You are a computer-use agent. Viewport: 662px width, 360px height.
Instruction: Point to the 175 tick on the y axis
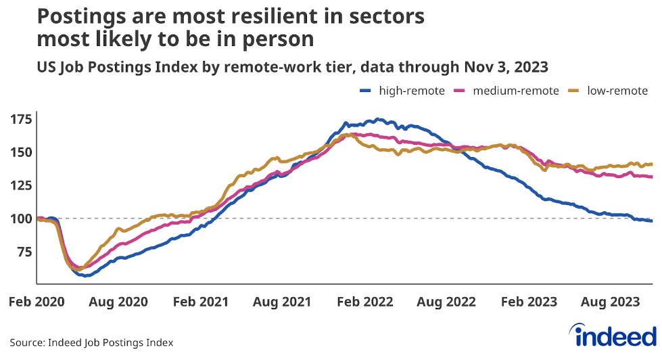tap(21, 120)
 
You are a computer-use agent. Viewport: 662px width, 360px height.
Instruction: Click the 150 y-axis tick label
tap(21, 152)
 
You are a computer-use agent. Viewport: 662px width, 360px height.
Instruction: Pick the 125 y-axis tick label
tap(21, 185)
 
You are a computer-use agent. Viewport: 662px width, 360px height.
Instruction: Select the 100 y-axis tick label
tap(21, 219)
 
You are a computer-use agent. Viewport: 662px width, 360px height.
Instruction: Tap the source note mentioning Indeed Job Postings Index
tap(91, 343)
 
